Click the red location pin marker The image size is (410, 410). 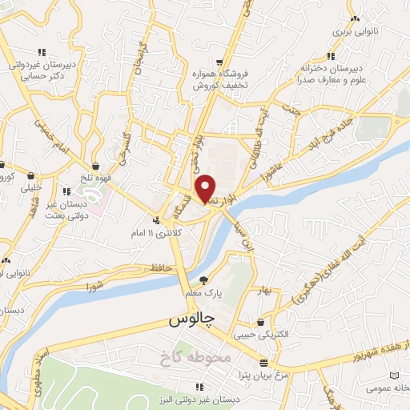point(207,188)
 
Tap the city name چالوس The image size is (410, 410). point(192,320)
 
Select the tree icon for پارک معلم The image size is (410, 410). point(204,280)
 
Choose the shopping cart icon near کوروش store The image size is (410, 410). point(219,62)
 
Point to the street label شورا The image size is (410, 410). point(95,284)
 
